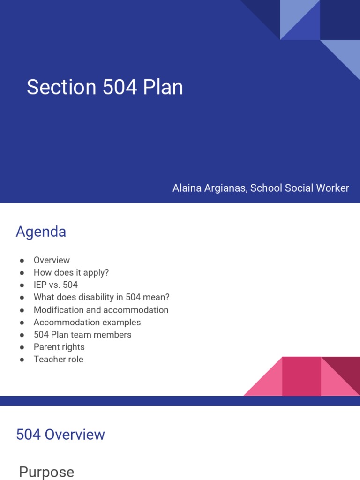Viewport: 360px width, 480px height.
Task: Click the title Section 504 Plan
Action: [x=105, y=88]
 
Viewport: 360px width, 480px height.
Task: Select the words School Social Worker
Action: [x=300, y=188]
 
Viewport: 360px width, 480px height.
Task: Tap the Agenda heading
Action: [x=41, y=232]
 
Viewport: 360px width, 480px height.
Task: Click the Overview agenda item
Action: [x=52, y=260]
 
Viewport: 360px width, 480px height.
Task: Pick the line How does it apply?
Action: [x=71, y=272]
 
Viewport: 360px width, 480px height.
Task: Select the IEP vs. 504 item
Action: [x=56, y=285]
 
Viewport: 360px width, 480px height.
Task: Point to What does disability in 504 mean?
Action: [x=102, y=297]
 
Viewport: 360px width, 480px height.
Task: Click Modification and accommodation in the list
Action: [x=101, y=310]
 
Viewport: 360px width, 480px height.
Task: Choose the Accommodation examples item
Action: [x=87, y=322]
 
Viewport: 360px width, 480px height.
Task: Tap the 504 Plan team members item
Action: [x=82, y=335]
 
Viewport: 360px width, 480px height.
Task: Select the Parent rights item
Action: [x=59, y=347]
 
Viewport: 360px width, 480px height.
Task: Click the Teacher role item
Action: [x=59, y=360]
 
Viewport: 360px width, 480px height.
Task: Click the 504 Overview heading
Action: [x=60, y=435]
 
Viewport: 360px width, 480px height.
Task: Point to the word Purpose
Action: [x=46, y=472]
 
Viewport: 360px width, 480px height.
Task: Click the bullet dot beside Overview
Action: [x=22, y=261]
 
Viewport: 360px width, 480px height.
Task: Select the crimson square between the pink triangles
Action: [x=301, y=376]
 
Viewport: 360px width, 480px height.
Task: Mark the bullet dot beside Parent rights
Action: [x=22, y=347]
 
